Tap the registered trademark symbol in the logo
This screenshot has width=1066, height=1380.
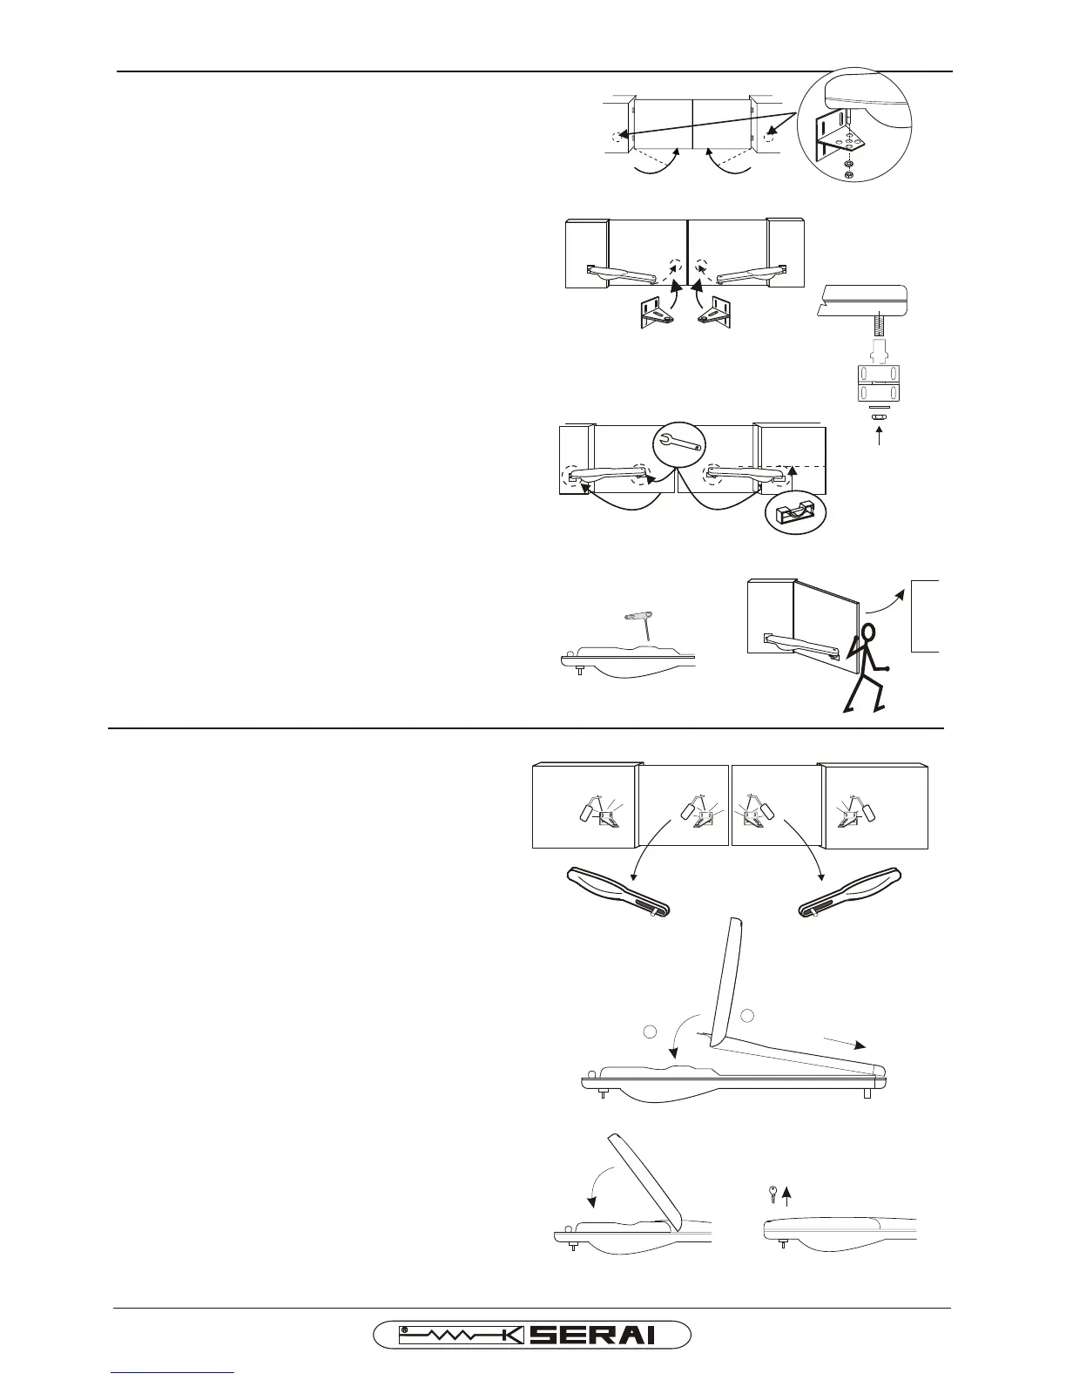click(405, 1330)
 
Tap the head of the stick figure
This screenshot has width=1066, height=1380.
click(868, 632)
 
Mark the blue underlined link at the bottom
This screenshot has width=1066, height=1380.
click(173, 1374)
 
